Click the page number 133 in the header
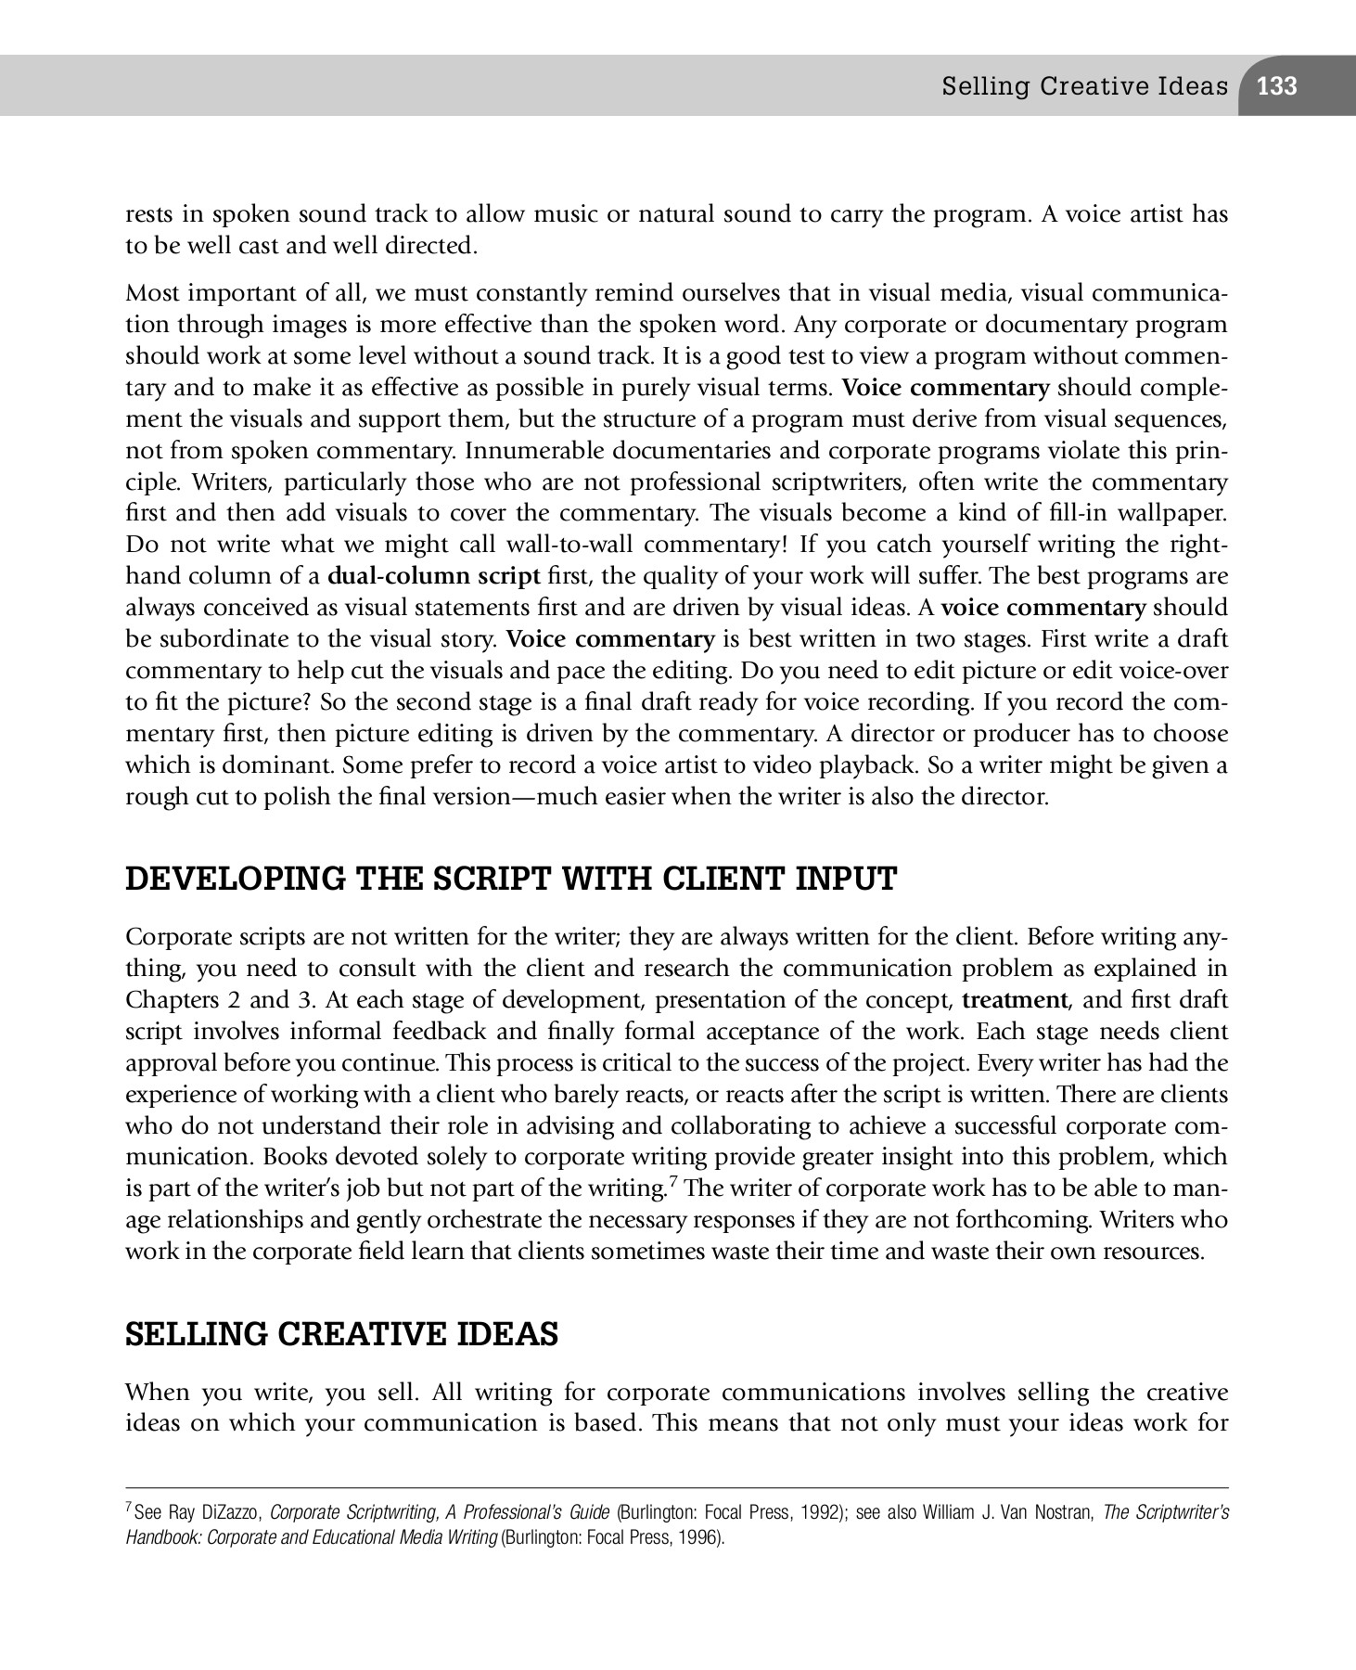point(1277,86)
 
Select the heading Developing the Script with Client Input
point(511,879)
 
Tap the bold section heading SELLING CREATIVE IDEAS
point(341,1334)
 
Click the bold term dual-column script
point(434,576)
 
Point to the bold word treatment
point(1015,1000)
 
